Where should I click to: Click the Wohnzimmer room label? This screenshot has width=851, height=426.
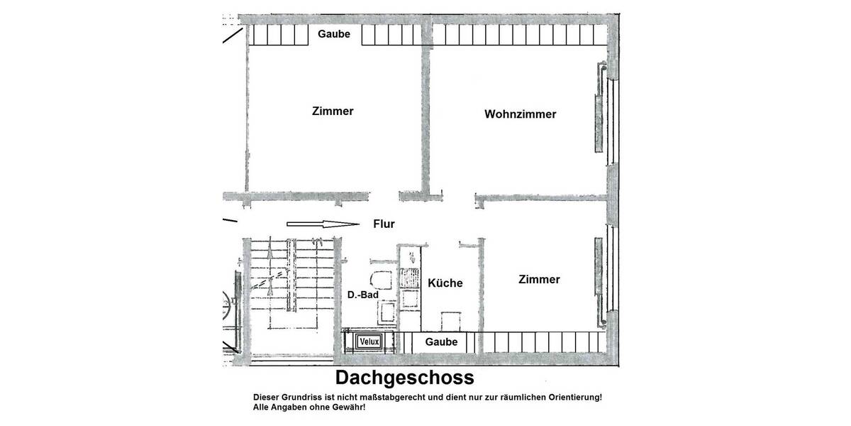[520, 114]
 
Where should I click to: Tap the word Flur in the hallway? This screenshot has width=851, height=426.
[384, 224]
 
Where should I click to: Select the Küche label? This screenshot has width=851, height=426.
[445, 283]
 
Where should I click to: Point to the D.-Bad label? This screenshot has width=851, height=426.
[361, 295]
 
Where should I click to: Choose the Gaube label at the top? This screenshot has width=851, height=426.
[334, 35]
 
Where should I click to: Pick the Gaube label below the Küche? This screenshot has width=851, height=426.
[441, 342]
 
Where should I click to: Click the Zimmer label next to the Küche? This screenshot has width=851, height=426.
[539, 280]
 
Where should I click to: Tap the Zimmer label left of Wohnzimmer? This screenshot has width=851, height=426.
[333, 111]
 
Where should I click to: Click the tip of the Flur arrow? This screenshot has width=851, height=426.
[359, 224]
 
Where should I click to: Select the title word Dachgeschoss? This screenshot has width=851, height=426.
[404, 376]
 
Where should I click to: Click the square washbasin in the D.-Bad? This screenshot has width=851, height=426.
[388, 311]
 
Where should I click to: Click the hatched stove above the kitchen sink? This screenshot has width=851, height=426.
[409, 277]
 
